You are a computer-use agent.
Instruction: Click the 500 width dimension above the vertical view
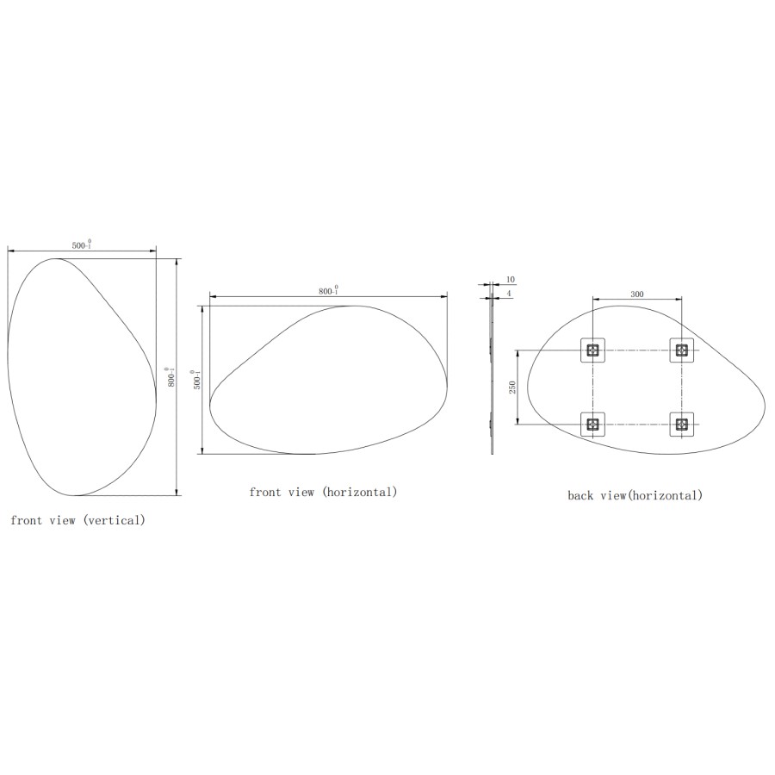tap(82, 245)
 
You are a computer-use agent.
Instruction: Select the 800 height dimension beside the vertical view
tap(170, 377)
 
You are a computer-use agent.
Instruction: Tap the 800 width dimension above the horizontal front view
tap(328, 291)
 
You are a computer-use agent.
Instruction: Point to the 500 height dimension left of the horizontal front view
tap(196, 380)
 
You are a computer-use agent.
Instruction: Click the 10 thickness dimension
tap(511, 279)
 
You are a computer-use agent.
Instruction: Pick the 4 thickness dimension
tap(509, 294)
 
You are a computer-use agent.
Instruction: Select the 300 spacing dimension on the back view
tap(637, 294)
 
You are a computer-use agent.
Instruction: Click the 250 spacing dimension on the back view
tap(512, 387)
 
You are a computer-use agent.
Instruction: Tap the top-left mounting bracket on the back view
tap(592, 350)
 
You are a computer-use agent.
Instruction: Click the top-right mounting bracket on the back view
tap(682, 350)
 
